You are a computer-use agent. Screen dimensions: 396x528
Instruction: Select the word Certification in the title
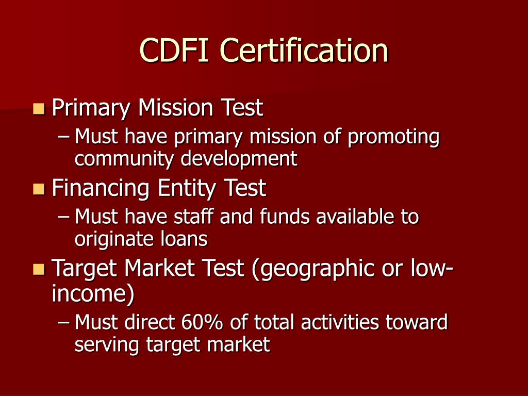304,51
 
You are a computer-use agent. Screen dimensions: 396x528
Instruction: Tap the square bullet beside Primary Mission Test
39,109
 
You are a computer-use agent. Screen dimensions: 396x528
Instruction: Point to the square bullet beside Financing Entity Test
39,189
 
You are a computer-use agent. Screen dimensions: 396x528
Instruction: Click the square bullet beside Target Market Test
39,269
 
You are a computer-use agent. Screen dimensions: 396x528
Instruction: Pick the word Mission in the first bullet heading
176,108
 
